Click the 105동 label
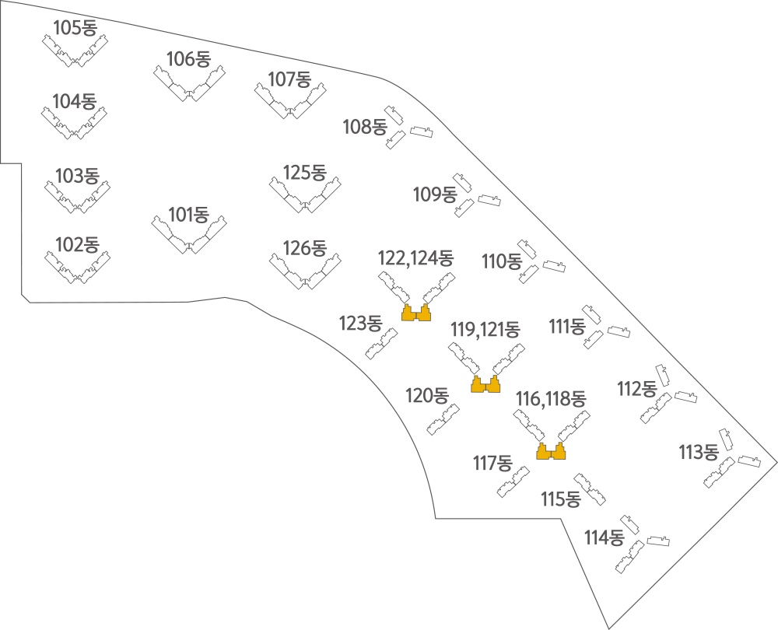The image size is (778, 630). (75, 28)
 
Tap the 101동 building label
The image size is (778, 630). (188, 215)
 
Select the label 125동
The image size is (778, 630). (305, 173)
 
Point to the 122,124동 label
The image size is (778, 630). (415, 258)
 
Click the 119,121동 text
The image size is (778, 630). (485, 329)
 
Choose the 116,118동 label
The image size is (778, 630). (551, 398)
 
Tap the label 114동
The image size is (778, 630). (604, 537)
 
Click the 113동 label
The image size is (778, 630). (699, 453)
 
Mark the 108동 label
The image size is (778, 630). (365, 127)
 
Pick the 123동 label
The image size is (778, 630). (361, 324)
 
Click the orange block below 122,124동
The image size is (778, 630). (415, 313)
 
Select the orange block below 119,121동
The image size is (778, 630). (485, 384)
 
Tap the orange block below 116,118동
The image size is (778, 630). (552, 451)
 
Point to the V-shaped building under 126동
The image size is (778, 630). (305, 279)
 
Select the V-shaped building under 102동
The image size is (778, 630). (77, 275)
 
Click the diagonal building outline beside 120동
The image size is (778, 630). (443, 420)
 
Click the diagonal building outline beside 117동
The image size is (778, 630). (513, 481)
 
